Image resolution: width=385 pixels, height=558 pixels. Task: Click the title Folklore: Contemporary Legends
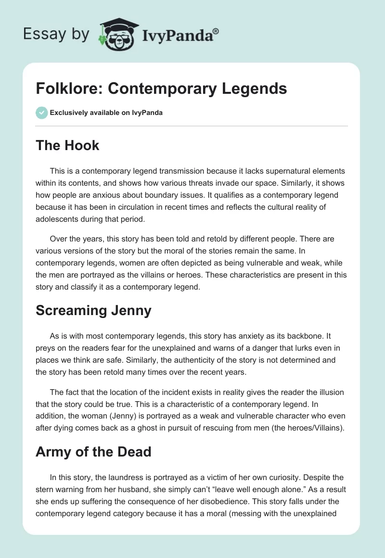pyautogui.click(x=161, y=89)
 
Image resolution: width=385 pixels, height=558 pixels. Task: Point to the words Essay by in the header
pyautogui.click(x=57, y=34)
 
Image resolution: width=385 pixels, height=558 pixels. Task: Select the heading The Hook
pyautogui.click(x=67, y=146)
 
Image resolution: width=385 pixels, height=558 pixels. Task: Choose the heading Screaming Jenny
pyautogui.click(x=93, y=310)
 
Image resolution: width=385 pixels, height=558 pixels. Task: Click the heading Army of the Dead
pyautogui.click(x=93, y=452)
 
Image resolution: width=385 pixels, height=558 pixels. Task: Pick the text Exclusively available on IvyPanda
pyautogui.click(x=106, y=113)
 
